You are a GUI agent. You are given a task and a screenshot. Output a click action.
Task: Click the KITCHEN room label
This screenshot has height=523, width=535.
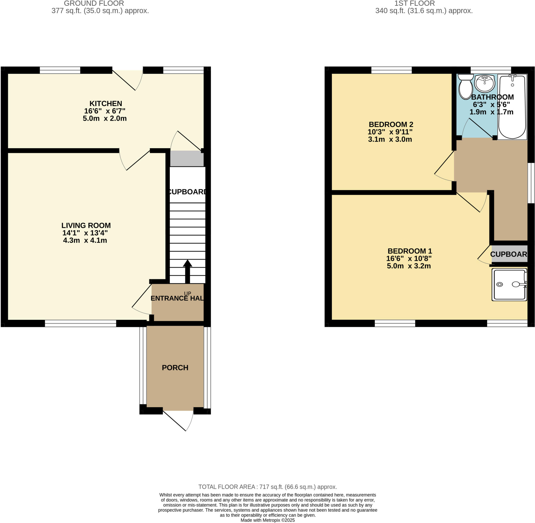pos(106,104)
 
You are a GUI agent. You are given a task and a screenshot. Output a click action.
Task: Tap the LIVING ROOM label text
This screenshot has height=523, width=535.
pos(86,226)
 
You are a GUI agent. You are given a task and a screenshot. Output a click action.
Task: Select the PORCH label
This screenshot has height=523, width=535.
pos(175,368)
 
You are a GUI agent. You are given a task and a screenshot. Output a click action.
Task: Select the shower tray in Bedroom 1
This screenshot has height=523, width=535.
pos(509,285)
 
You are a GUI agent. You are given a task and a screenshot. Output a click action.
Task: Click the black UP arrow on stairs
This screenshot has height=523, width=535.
pos(187,271)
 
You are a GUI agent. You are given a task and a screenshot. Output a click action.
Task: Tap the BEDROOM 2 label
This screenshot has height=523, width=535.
pos(391,125)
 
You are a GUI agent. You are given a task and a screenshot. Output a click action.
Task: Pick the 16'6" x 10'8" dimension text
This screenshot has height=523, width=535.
pos(409,258)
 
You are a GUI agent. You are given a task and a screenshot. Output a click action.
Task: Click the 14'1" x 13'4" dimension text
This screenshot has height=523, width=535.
pos(85,233)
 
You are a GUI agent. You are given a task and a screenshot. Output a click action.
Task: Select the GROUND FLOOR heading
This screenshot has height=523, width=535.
pos(94,4)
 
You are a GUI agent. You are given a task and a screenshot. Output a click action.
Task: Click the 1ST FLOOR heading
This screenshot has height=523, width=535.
pos(414,4)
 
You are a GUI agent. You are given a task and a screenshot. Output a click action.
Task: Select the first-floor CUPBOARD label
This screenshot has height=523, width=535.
pos(509,254)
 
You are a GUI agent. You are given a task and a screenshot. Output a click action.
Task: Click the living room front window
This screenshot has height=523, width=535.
pos(80,323)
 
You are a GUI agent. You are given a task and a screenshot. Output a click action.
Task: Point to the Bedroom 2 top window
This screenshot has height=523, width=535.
pos(391,70)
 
